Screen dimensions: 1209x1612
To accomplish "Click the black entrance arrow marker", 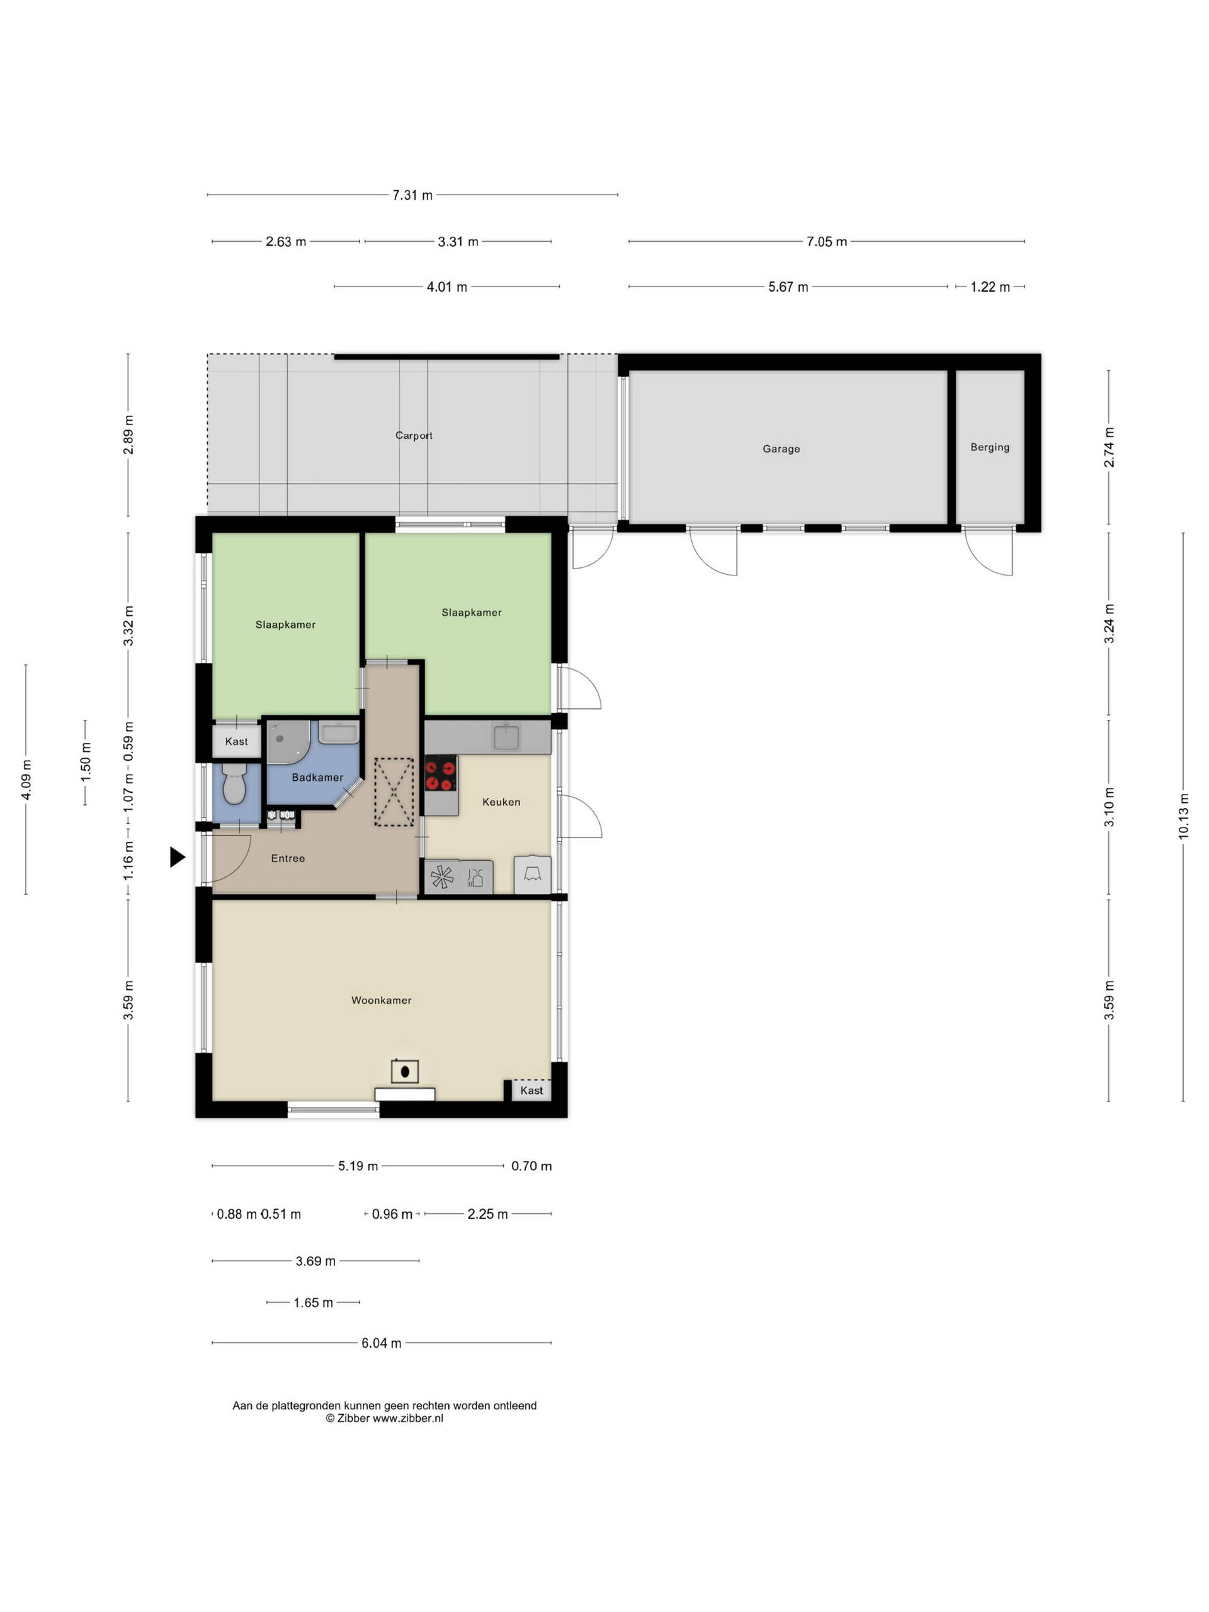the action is pyautogui.click(x=177, y=856).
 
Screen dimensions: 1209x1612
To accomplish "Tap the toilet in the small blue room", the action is pyautogui.click(x=234, y=784).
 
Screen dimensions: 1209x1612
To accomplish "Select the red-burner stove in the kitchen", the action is pyautogui.click(x=440, y=773).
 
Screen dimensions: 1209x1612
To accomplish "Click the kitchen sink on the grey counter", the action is pyautogui.click(x=506, y=737).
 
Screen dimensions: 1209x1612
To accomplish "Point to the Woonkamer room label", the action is pyautogui.click(x=381, y=1000).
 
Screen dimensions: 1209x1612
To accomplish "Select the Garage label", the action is pyautogui.click(x=781, y=449).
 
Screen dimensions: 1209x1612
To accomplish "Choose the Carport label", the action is pyautogui.click(x=414, y=436).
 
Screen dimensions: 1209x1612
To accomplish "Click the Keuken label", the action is pyautogui.click(x=501, y=802).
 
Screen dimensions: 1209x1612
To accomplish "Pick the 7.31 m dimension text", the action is pyautogui.click(x=412, y=195).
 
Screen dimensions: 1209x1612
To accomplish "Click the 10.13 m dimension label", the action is pyautogui.click(x=1183, y=817).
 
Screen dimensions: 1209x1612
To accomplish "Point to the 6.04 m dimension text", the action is pyautogui.click(x=381, y=1343).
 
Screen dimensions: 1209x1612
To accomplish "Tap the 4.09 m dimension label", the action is pyautogui.click(x=26, y=780).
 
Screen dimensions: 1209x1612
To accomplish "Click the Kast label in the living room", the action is pyautogui.click(x=531, y=1090).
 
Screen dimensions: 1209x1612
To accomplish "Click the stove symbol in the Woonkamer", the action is pyautogui.click(x=404, y=1071).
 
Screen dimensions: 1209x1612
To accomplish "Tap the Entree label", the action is pyautogui.click(x=288, y=858).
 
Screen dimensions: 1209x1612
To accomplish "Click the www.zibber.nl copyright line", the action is pyautogui.click(x=384, y=1418).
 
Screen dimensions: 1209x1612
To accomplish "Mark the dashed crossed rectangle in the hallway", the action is pyautogui.click(x=394, y=792).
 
